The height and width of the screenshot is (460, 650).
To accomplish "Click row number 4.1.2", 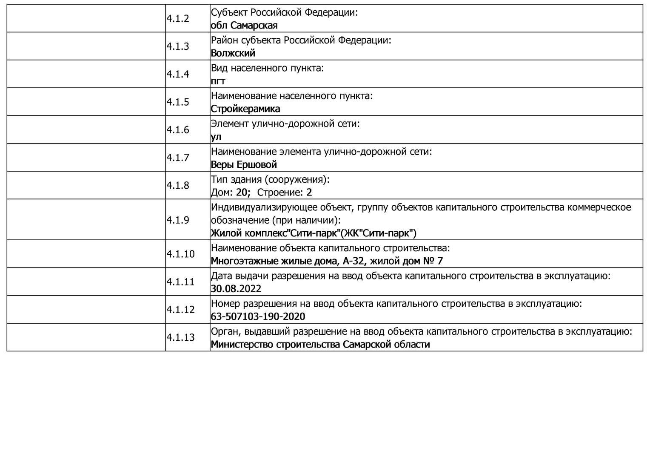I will [178, 19].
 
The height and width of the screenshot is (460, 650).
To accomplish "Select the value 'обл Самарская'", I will [244, 26].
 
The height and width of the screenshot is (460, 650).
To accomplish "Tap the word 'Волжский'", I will [233, 53].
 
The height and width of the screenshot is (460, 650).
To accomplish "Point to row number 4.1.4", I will [178, 74].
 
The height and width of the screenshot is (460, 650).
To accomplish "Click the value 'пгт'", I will [218, 81].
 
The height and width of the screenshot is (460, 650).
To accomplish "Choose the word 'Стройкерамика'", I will [245, 109].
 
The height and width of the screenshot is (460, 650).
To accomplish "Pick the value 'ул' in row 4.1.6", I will [216, 137].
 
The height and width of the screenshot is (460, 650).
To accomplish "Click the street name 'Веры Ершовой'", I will [244, 164].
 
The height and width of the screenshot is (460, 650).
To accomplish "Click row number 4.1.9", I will [178, 220].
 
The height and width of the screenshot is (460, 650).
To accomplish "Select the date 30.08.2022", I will [236, 289].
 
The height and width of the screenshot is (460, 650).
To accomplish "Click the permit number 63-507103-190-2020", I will [258, 316].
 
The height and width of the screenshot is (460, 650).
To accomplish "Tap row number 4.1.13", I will [180, 337].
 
